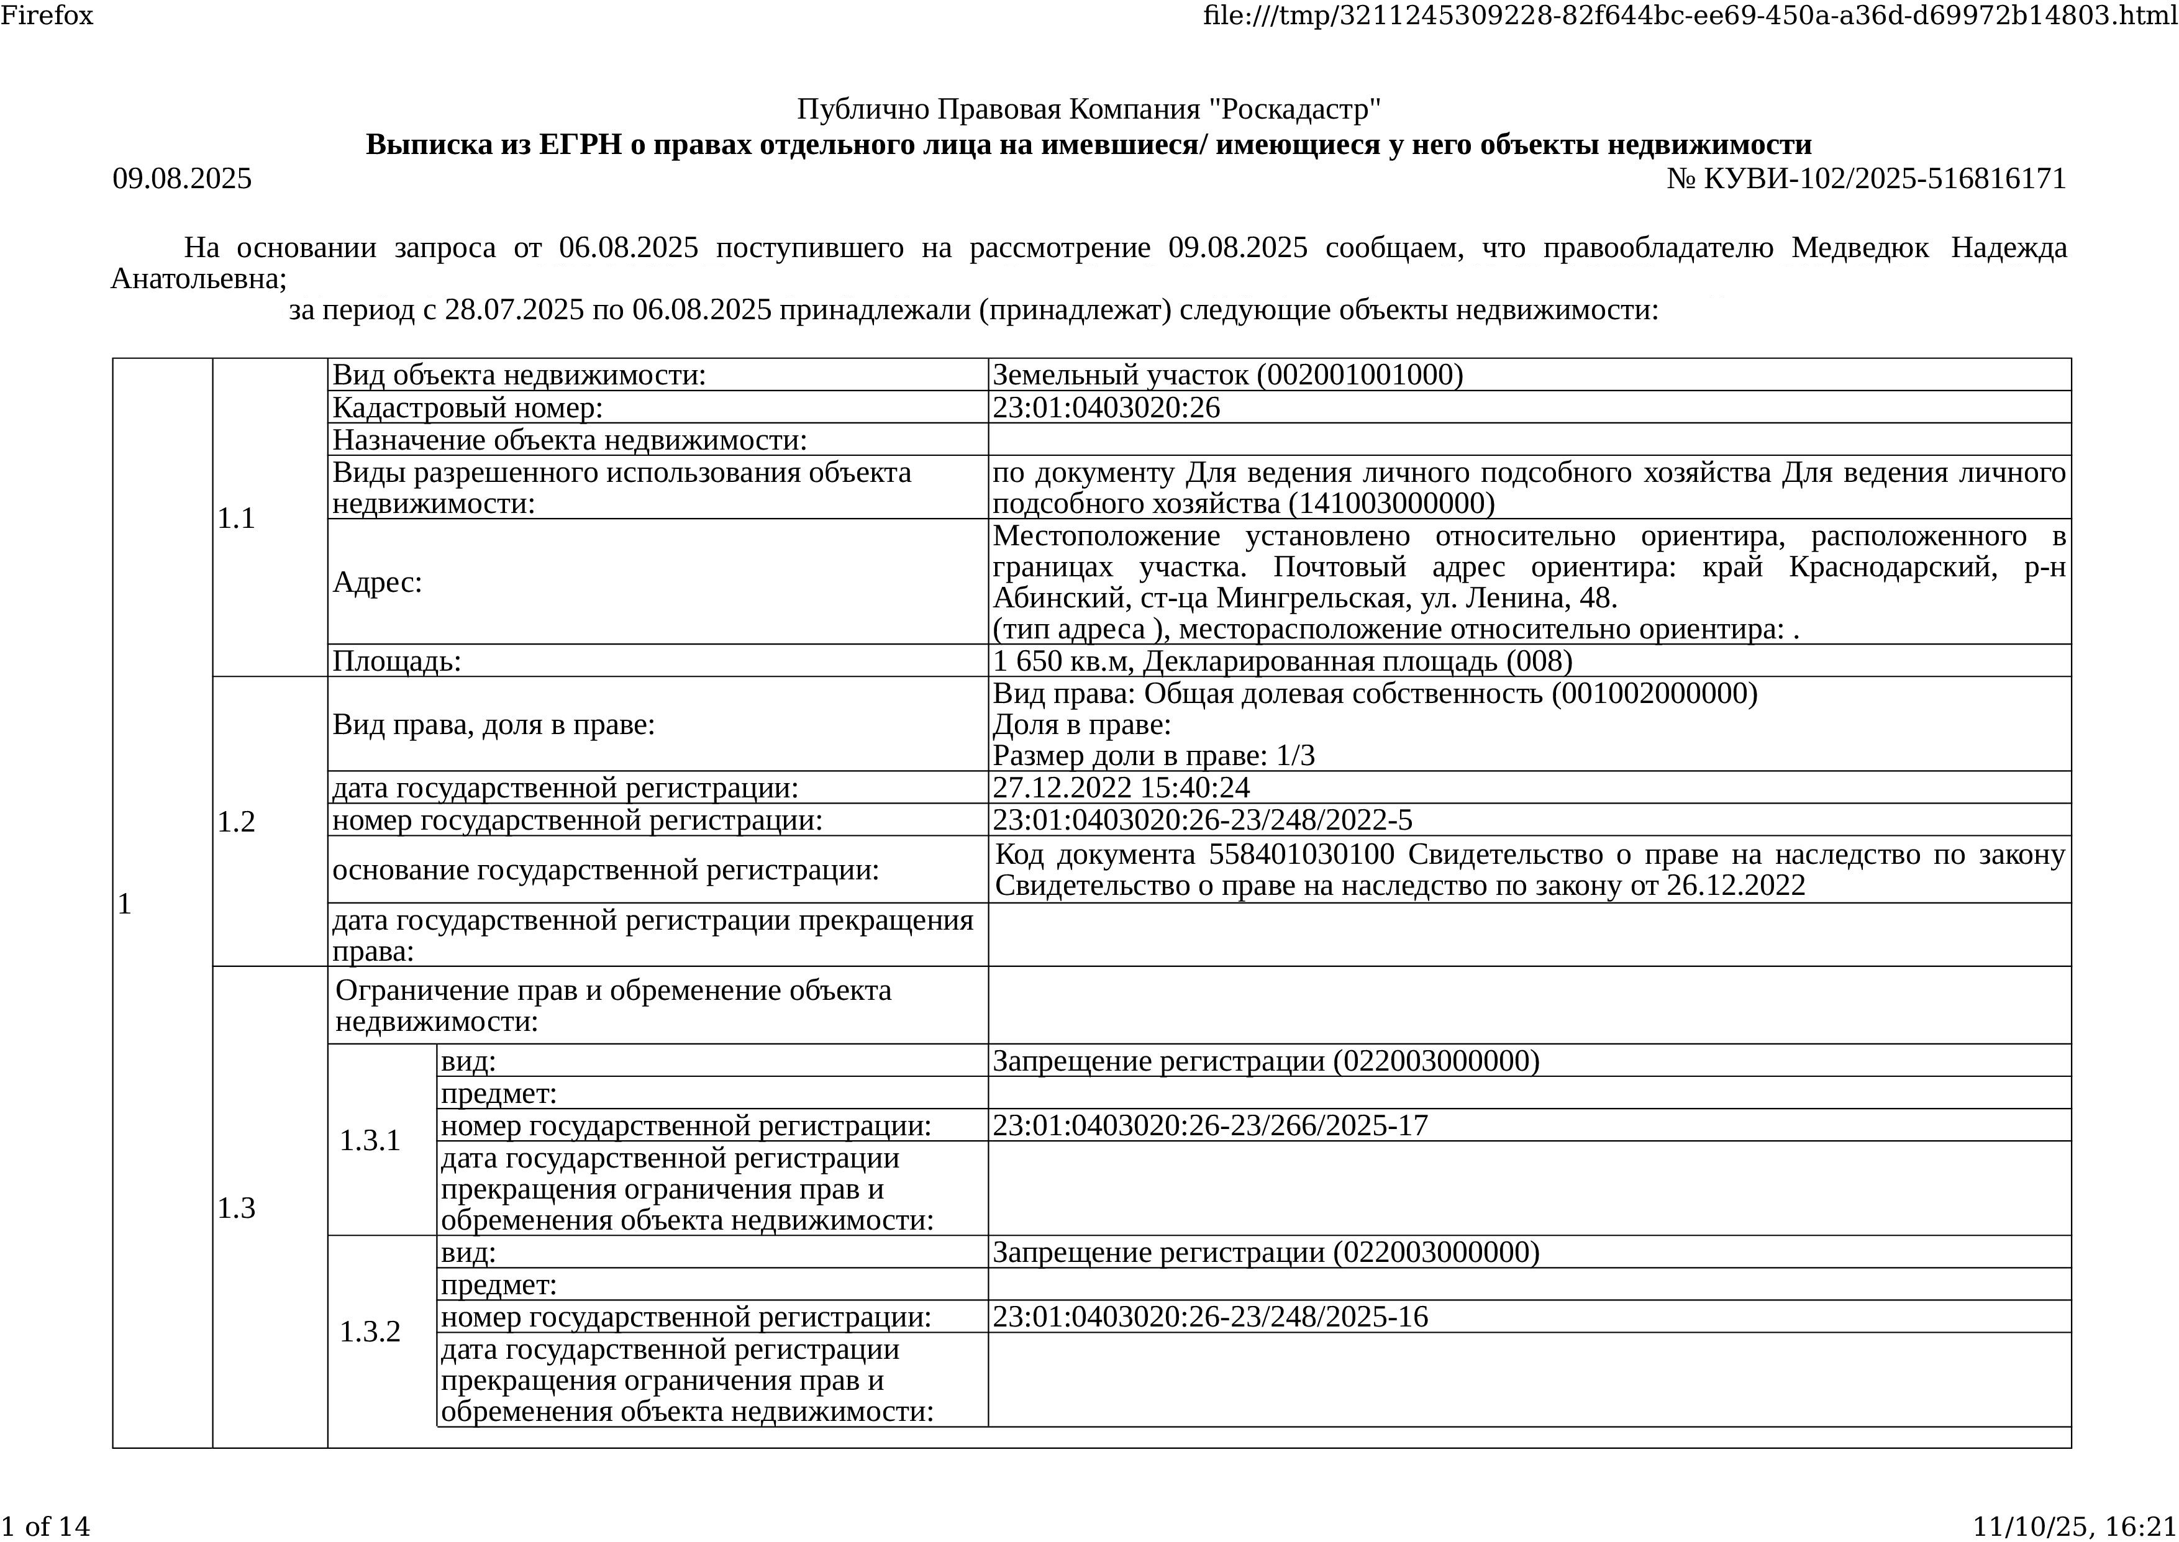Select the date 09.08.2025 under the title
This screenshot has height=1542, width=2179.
(x=182, y=178)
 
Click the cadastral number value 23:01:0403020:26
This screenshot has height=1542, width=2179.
(x=1106, y=407)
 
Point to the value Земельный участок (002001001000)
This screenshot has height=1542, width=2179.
(x=1227, y=375)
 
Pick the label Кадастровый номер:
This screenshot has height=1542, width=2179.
(x=467, y=407)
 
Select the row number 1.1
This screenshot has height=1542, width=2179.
(x=237, y=519)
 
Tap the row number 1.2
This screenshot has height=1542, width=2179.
(x=237, y=822)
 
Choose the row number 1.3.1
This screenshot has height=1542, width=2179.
(x=370, y=1140)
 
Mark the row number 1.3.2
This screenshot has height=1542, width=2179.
(x=370, y=1332)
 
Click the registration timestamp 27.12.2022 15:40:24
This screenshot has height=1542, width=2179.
(x=1121, y=787)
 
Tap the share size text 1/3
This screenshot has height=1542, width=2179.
(x=1296, y=756)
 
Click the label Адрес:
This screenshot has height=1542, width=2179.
(x=377, y=582)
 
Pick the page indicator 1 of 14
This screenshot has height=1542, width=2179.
(x=45, y=1526)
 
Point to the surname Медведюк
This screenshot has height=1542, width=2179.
(x=1860, y=248)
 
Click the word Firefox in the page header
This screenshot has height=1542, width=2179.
(x=47, y=15)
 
